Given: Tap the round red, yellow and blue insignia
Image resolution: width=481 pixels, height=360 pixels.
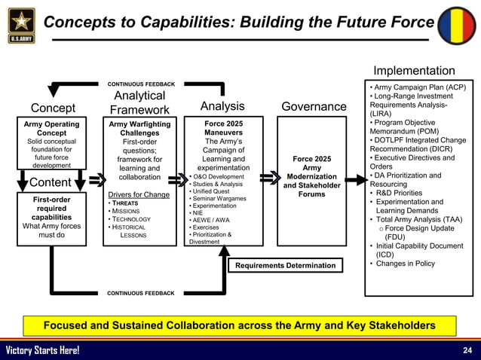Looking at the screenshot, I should click(458, 26).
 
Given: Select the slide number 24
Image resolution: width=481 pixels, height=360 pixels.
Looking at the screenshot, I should click(467, 350).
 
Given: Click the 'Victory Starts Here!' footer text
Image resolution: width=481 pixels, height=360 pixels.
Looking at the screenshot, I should click(42, 350).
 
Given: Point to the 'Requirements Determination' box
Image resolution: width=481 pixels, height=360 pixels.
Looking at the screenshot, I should click(285, 265).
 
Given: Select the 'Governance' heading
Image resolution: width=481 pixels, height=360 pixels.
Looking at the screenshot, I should click(313, 107).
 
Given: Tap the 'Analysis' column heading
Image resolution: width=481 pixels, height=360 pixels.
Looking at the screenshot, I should click(222, 106).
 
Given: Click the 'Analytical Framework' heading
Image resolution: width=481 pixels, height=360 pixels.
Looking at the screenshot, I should click(139, 103).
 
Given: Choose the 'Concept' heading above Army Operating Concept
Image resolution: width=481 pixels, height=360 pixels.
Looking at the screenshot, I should click(53, 107).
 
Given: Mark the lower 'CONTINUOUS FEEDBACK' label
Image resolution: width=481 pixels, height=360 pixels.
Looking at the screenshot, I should click(141, 293).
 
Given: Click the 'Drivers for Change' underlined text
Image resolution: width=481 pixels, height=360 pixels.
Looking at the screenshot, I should click(139, 194).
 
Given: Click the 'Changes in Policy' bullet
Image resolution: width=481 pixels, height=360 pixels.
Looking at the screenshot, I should click(405, 264).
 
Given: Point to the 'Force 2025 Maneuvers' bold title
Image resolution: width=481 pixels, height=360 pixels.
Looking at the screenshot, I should click(224, 129).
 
